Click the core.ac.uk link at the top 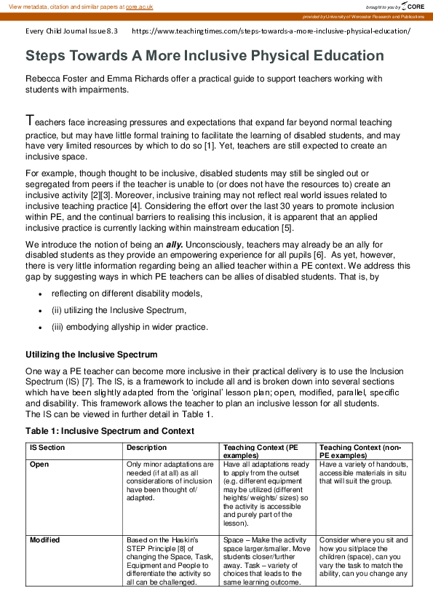coord(139,6)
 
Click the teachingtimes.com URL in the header coord(271,31)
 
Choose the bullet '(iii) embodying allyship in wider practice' coord(130,327)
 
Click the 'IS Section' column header coord(47,447)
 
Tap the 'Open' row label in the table coord(39,464)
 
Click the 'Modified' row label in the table coord(45,540)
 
